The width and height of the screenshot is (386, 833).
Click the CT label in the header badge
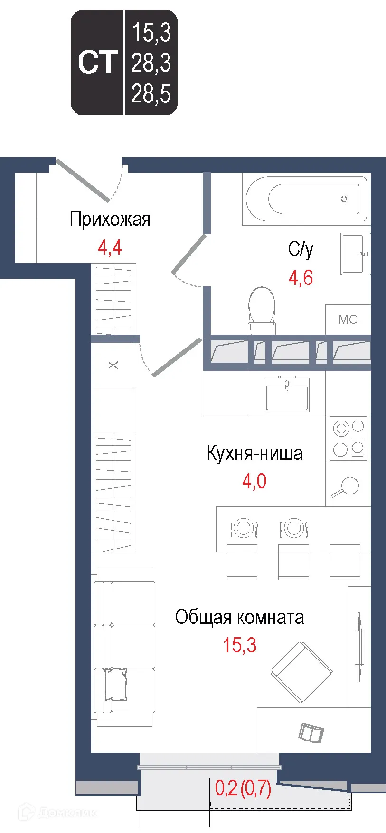97,63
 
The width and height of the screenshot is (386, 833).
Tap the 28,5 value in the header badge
151,93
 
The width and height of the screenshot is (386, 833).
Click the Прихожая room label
110,219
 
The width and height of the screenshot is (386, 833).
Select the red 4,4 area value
110,247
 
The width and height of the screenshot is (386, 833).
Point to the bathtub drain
344,199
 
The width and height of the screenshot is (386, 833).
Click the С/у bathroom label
301,249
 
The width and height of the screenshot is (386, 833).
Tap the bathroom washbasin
355,254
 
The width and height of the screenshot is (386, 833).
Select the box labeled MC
348,320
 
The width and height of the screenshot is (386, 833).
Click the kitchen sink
287,394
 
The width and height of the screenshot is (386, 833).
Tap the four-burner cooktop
348,439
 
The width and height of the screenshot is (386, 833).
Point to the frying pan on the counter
347,486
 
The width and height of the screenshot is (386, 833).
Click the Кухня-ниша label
254,454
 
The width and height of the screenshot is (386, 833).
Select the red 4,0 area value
254,481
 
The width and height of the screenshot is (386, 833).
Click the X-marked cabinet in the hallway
113,365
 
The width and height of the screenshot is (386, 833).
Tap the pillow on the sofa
116,684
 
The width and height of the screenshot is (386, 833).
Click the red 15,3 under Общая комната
240,645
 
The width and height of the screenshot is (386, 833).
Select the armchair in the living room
301,672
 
